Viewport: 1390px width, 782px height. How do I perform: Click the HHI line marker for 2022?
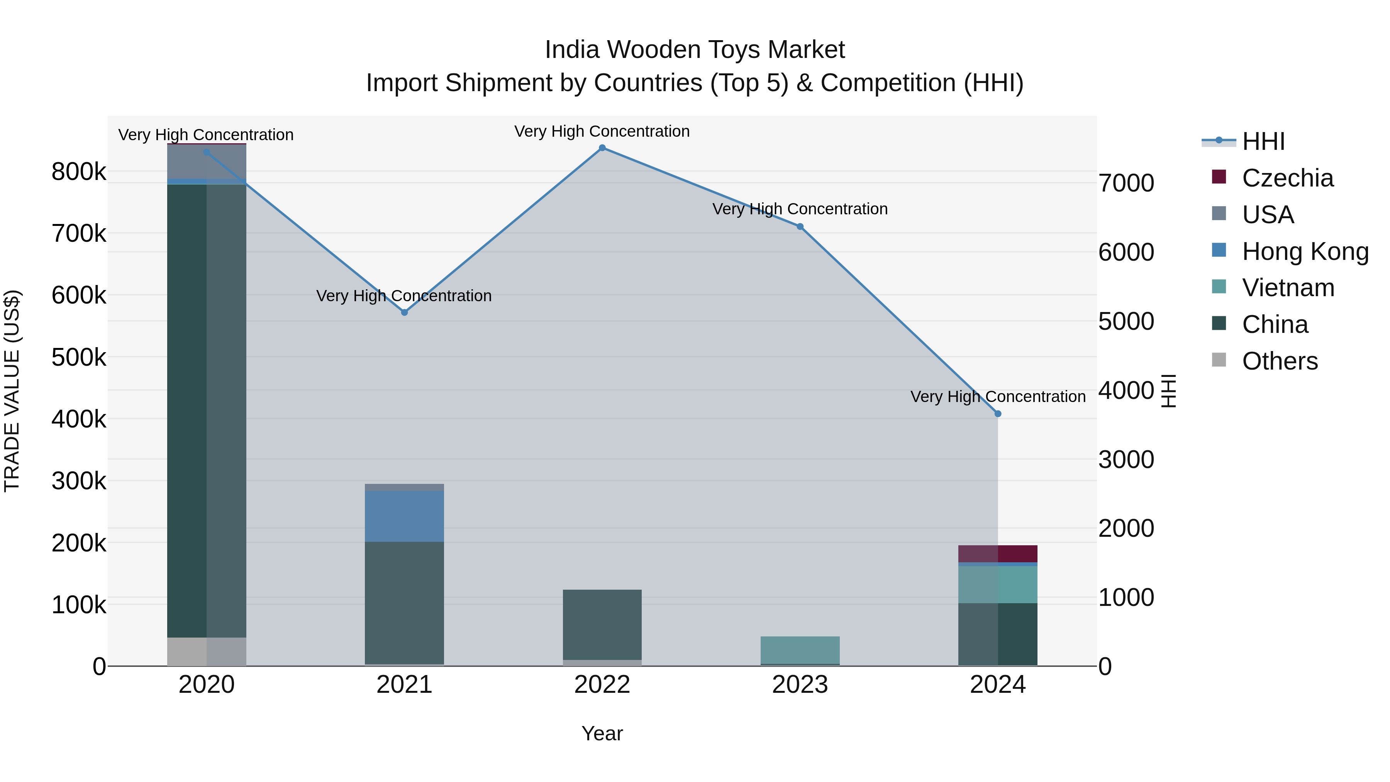(602, 148)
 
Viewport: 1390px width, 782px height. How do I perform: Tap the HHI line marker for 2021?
(404, 312)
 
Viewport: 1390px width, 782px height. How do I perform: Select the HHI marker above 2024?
(998, 414)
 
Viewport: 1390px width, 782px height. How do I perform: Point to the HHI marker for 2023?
(800, 227)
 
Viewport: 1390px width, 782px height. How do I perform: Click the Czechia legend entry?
(1287, 178)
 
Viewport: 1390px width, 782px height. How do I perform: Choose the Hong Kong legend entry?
(1305, 251)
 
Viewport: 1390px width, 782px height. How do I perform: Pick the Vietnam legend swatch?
(1219, 287)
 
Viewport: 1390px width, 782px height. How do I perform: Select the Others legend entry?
(1280, 361)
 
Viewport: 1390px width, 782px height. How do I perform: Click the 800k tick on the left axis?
(79, 172)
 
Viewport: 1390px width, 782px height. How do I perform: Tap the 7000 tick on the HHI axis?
(1126, 183)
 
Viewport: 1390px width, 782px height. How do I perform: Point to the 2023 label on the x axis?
(800, 685)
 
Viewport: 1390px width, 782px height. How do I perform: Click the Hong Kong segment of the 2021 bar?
(404, 516)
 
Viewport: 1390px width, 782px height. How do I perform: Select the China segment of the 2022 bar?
(602, 624)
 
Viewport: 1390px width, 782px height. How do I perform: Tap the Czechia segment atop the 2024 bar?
(998, 554)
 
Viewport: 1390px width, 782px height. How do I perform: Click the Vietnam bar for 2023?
(800, 650)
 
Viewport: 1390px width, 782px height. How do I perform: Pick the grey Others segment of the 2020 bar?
(207, 651)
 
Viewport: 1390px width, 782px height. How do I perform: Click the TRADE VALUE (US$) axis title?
(12, 391)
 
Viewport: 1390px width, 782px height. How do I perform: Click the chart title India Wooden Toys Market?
(695, 50)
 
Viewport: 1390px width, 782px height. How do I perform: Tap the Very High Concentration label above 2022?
(602, 131)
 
